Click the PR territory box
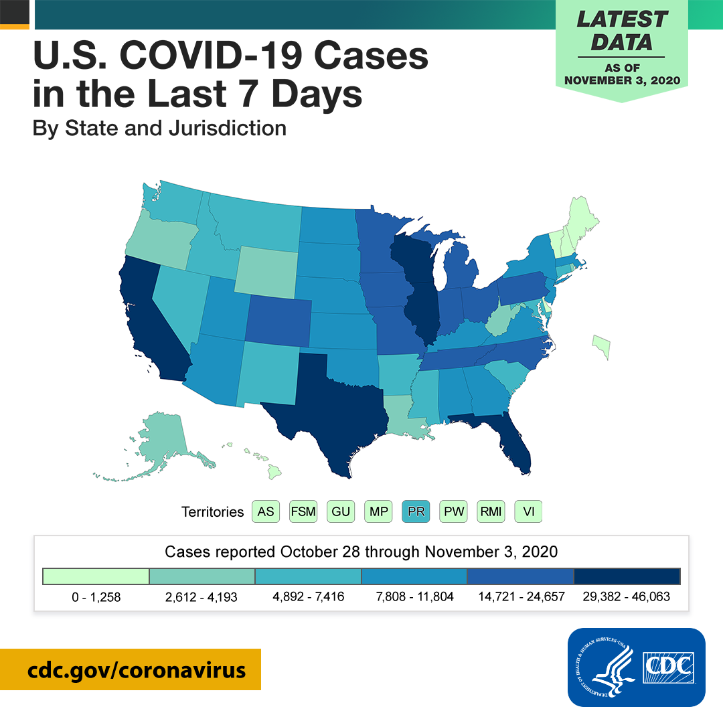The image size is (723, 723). pos(416,511)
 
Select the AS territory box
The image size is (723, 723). pos(266,511)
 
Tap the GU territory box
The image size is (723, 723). pos(341,511)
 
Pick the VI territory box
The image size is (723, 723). pos(528,511)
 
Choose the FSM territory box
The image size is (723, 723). pos(303,511)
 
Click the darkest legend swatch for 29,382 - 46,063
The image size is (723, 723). pos(627,576)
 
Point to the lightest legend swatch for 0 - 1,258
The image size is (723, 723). pos(96,576)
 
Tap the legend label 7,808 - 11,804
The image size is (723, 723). pos(414,596)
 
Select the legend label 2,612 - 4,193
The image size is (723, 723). pos(201,597)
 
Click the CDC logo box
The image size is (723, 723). pos(637,667)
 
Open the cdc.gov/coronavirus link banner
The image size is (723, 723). pos(131,669)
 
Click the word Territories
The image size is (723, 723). pos(213,512)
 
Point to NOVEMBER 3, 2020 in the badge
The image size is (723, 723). pos(622,80)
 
